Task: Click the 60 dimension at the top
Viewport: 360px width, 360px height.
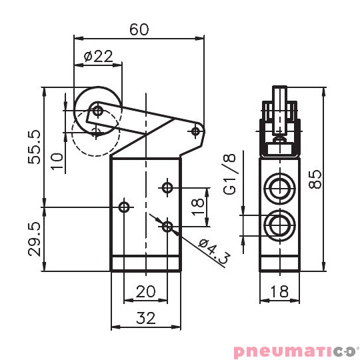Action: [139, 29]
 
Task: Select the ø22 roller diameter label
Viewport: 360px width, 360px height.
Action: [98, 57]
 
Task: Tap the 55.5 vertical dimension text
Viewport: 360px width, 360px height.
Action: [36, 147]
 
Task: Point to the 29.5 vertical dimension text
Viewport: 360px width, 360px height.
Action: [36, 239]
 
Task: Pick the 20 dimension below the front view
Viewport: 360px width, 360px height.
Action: [145, 291]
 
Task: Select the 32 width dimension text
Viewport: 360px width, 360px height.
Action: [145, 319]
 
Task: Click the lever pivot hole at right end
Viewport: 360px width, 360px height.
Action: [196, 131]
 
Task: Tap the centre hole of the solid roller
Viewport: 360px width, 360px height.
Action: [97, 111]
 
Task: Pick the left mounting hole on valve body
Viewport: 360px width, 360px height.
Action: [123, 207]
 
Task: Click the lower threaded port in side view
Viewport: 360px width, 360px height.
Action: [279, 225]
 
